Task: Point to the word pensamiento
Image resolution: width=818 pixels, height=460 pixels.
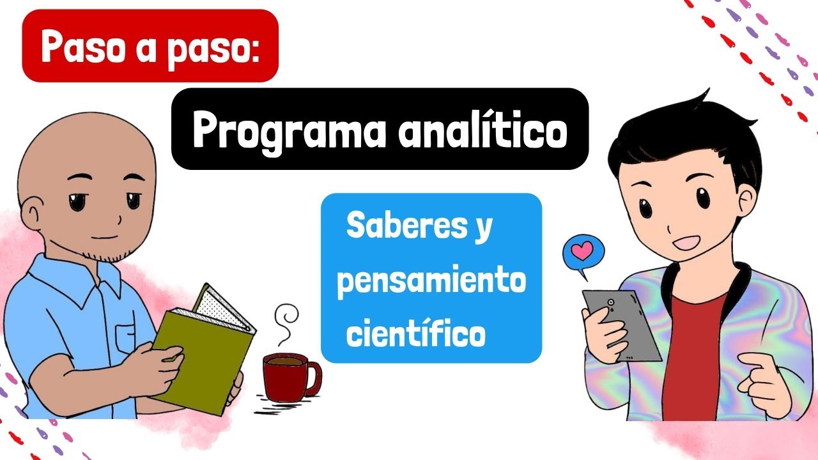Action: (x=431, y=282)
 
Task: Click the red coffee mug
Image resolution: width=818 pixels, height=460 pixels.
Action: (x=286, y=376)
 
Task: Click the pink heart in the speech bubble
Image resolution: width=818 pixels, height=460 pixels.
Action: (x=583, y=252)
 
